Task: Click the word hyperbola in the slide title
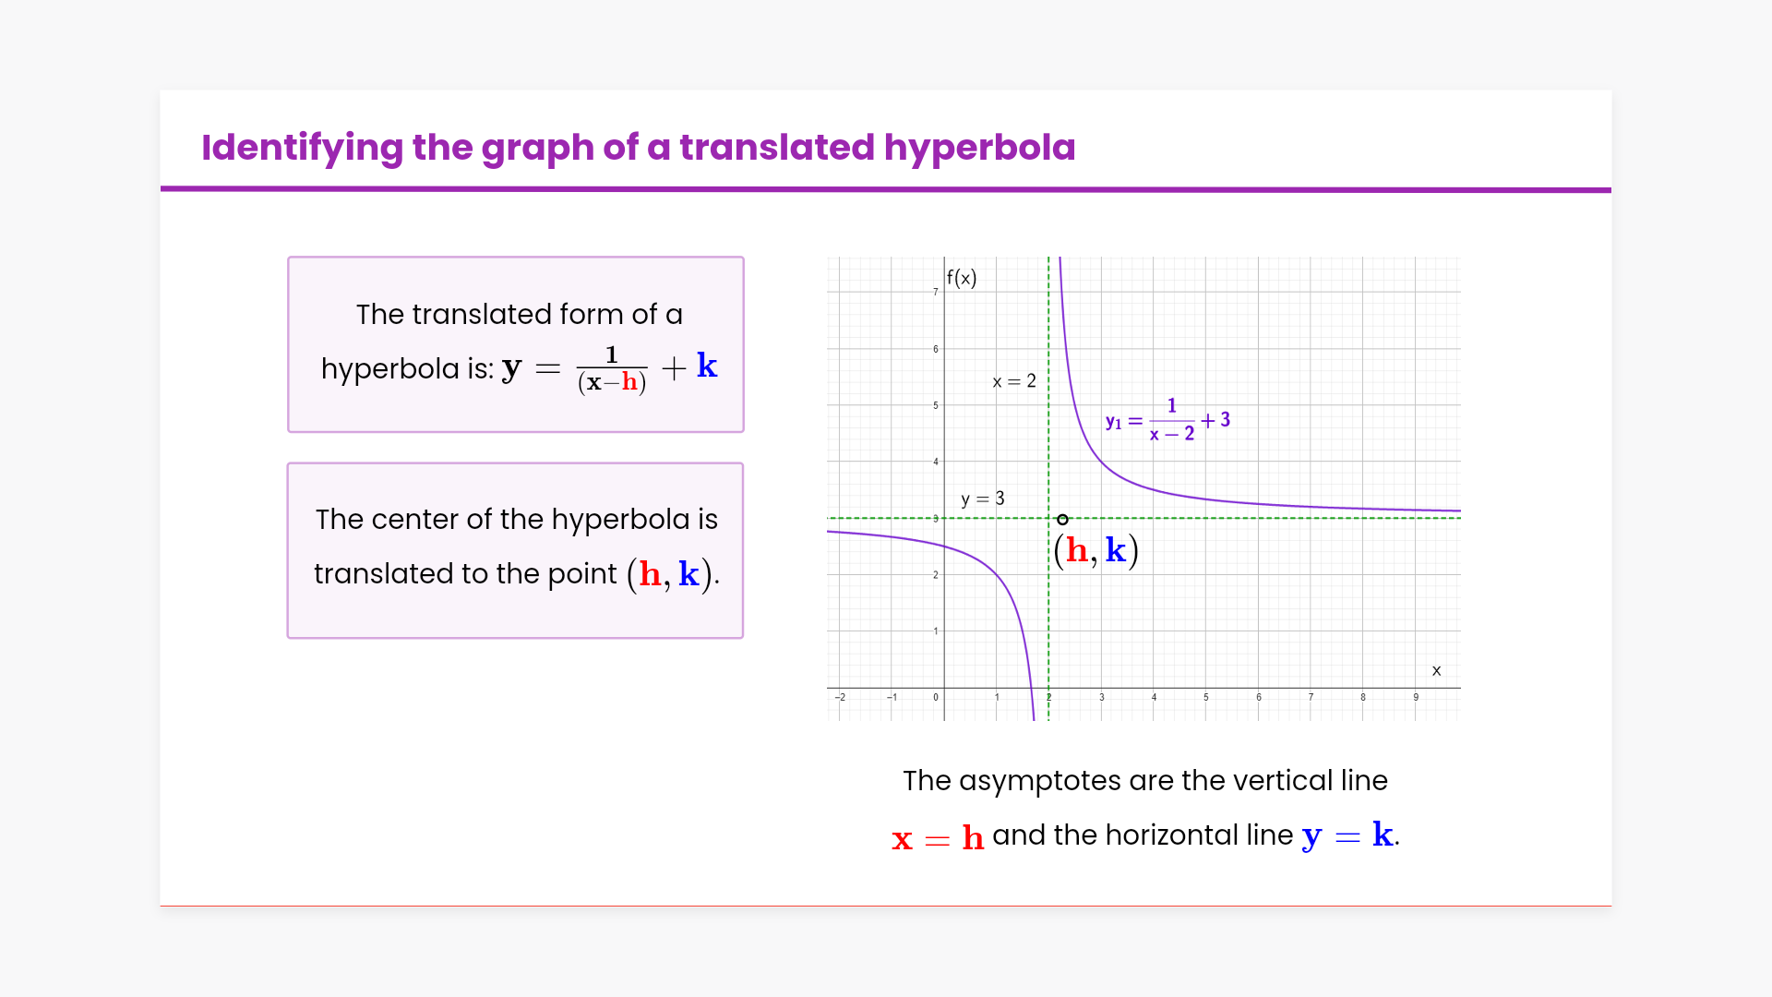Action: (x=979, y=148)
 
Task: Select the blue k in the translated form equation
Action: (x=707, y=366)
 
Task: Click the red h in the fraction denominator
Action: (x=629, y=381)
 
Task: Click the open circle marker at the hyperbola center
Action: (x=1062, y=520)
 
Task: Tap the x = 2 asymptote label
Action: (x=1014, y=381)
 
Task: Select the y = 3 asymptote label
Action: (x=983, y=499)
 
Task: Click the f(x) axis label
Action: (x=962, y=278)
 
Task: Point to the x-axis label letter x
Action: (x=1436, y=671)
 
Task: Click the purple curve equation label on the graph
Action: (x=1167, y=420)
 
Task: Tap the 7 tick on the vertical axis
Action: (x=935, y=292)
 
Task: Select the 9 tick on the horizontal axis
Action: (x=1416, y=697)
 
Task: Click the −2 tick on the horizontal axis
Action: (x=840, y=697)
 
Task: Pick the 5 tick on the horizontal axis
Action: (x=1205, y=697)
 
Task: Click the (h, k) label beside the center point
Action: (x=1096, y=551)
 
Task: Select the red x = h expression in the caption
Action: (x=938, y=837)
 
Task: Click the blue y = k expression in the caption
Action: (x=1347, y=835)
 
